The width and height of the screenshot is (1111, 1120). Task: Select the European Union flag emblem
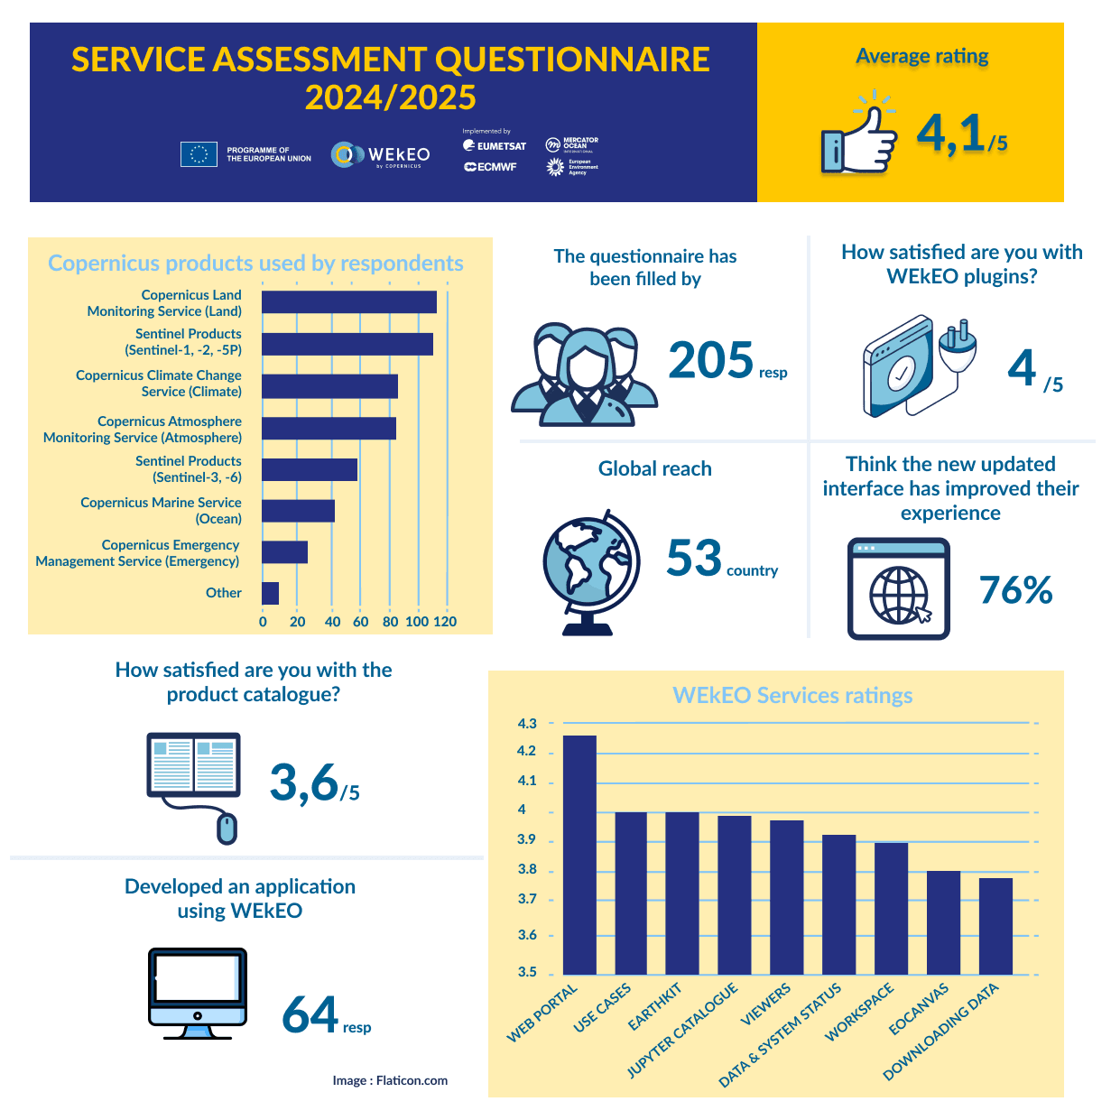(x=199, y=154)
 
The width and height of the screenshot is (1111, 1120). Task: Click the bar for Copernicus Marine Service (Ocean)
(x=298, y=511)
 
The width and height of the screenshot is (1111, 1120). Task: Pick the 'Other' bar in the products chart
(x=270, y=593)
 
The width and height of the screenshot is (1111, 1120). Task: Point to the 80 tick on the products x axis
(x=390, y=622)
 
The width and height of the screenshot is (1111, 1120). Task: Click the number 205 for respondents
(x=710, y=360)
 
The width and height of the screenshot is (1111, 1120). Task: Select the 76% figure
(x=1015, y=590)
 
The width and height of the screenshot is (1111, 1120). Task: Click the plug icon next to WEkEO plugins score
(x=956, y=347)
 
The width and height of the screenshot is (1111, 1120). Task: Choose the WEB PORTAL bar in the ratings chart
(x=579, y=855)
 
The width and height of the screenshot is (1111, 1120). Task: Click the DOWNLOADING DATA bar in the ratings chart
(x=995, y=926)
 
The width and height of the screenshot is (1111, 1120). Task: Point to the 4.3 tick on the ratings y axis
(x=527, y=724)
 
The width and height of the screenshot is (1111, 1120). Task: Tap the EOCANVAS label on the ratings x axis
(x=919, y=1010)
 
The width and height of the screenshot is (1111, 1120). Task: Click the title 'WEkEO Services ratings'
(x=792, y=696)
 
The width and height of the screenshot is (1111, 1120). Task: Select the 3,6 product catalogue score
(x=304, y=782)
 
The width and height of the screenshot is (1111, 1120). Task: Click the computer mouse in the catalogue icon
(x=227, y=827)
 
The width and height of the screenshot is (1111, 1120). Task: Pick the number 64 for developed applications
(x=310, y=1014)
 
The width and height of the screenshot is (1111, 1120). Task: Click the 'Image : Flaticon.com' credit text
(x=390, y=1080)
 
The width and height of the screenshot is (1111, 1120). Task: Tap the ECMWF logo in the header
(x=491, y=167)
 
